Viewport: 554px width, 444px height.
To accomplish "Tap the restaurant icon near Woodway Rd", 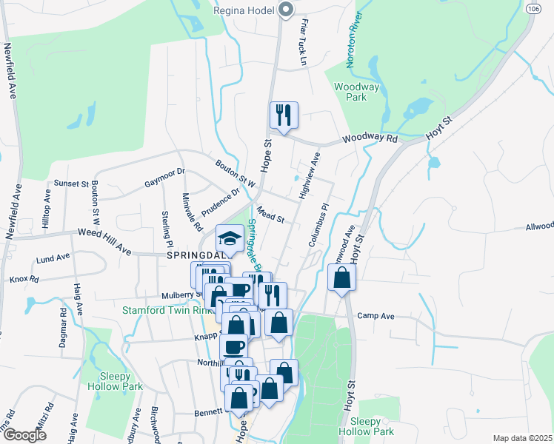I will pyautogui.click(x=283, y=115).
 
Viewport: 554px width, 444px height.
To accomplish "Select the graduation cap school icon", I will pyautogui.click(x=229, y=238).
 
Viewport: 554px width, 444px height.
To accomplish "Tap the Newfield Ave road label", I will pyautogui.click(x=10, y=71).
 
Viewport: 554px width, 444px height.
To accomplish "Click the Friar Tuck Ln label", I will pyautogui.click(x=303, y=44).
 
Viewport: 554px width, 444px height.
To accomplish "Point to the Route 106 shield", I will pyautogui.click(x=534, y=8).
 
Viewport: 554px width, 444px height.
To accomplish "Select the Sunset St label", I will pyautogui.click(x=71, y=183).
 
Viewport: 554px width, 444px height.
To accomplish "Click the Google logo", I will pyautogui.click(x=24, y=435).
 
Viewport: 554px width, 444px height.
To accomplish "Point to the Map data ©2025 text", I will pyautogui.click(x=521, y=438).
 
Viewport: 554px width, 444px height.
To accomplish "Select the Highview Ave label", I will pyautogui.click(x=307, y=175).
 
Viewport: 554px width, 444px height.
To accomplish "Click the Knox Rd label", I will pyautogui.click(x=24, y=280).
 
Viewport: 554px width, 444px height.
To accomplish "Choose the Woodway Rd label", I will pyautogui.click(x=370, y=138).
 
